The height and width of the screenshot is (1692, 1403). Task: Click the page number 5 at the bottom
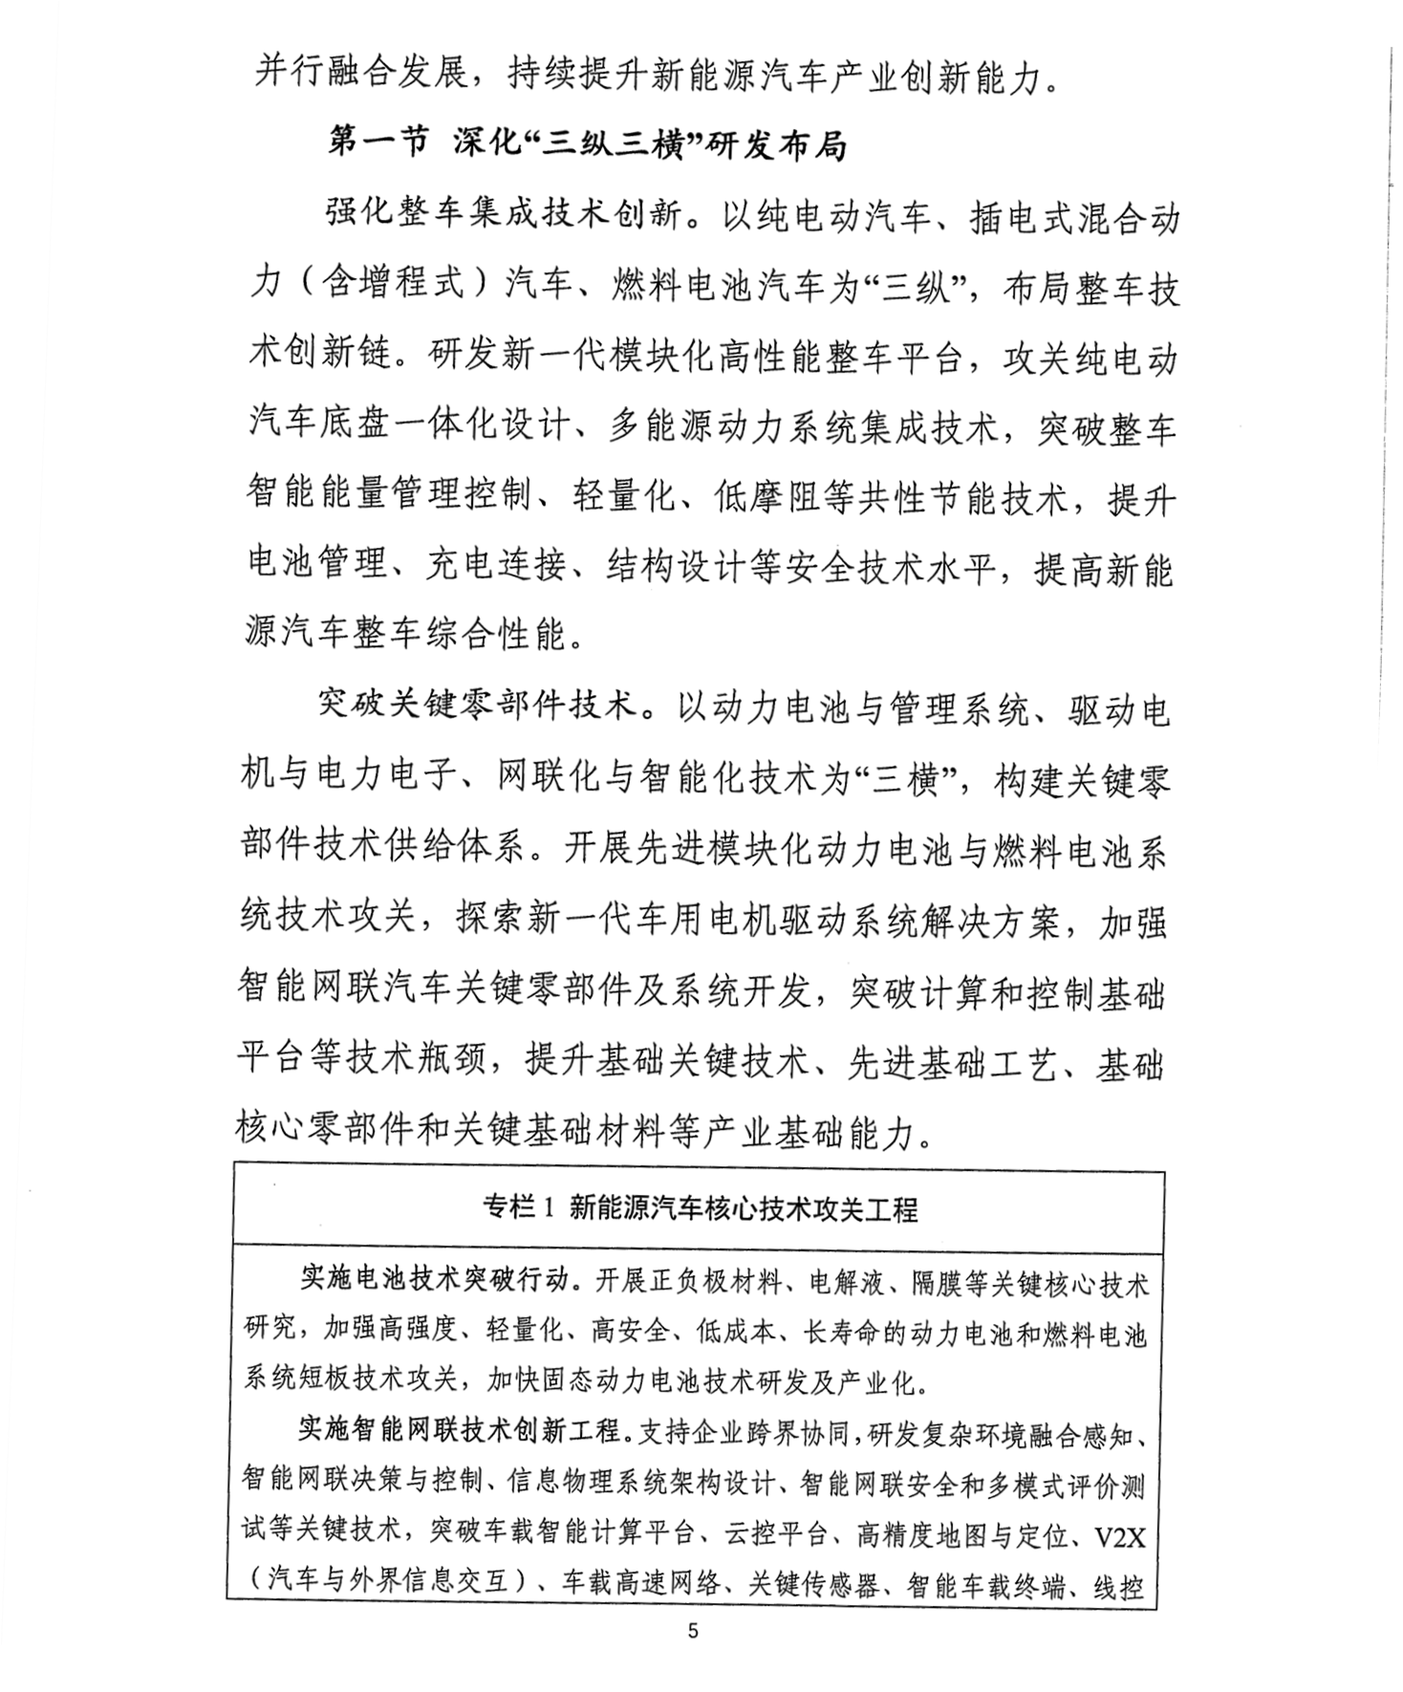pos(693,1629)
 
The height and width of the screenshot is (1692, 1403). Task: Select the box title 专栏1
pos(519,1208)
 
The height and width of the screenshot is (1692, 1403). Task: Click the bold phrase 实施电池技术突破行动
pos(434,1278)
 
